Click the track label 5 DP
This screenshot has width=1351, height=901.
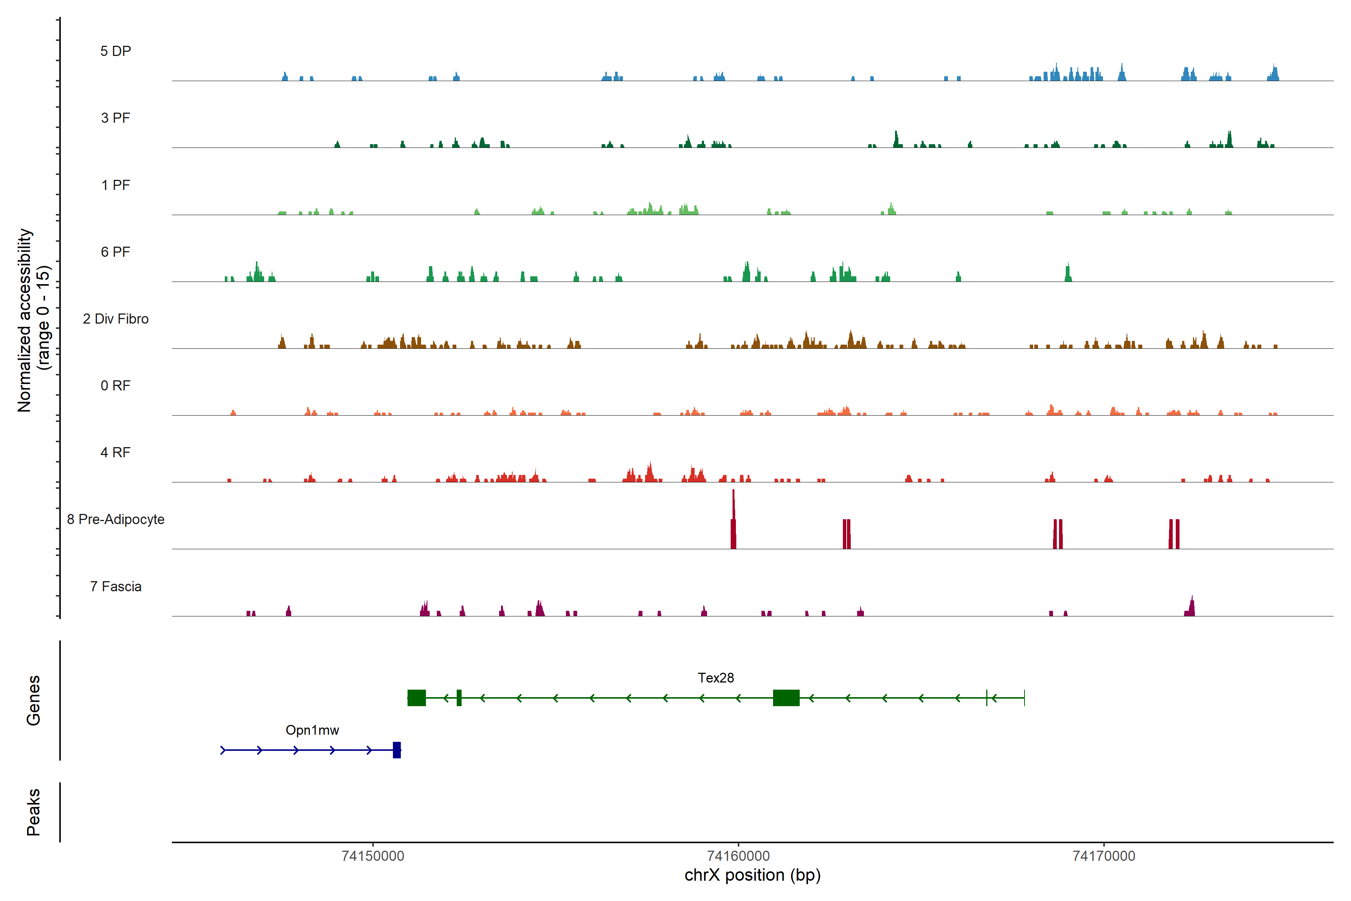116,51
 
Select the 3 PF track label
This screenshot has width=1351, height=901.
116,118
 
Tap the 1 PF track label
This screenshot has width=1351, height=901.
116,185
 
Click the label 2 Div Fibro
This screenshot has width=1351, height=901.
116,319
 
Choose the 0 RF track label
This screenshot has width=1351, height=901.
116,386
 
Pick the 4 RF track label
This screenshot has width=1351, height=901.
116,452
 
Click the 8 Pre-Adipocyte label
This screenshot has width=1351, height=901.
116,520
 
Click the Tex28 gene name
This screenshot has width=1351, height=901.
716,678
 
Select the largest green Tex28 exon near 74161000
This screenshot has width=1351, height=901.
786,698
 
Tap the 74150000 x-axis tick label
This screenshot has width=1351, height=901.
373,856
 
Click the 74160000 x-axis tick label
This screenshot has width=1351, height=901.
738,856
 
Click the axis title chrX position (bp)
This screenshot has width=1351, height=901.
752,875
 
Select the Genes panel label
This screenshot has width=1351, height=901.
33,701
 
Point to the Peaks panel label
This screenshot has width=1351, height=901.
33,812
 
